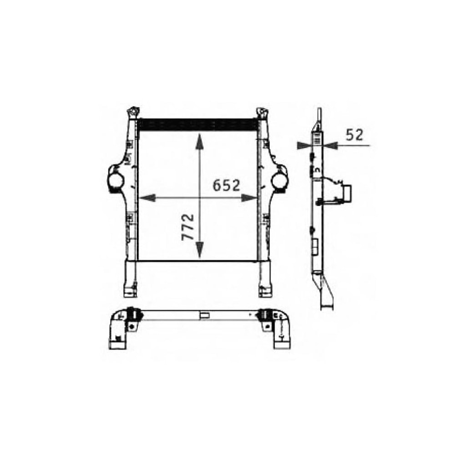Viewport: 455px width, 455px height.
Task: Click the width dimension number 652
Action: click(x=226, y=186)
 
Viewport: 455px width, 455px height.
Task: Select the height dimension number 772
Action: click(x=188, y=227)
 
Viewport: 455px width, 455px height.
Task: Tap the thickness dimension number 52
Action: click(x=354, y=135)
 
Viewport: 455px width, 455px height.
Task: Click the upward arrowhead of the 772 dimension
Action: click(x=199, y=142)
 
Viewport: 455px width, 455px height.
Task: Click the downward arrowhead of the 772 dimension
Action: click(x=199, y=250)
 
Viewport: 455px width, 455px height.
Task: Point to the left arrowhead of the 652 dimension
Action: click(x=147, y=198)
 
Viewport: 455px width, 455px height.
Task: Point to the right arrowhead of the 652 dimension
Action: click(x=249, y=198)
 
